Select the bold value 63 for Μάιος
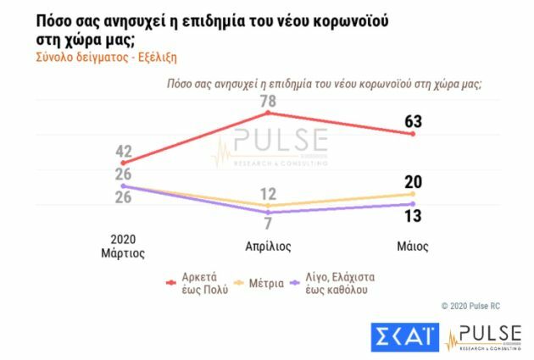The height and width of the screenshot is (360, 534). tap(413, 122)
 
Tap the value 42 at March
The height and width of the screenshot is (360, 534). tap(124, 152)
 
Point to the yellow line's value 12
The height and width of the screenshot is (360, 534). tap(268, 193)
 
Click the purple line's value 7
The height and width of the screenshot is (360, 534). tap(268, 224)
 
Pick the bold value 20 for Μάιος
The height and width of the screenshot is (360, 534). tap(413, 181)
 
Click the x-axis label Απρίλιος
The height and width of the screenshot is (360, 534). tap(268, 246)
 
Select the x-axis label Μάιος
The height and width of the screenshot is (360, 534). tap(413, 246)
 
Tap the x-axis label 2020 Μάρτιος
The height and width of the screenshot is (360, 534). tap(124, 246)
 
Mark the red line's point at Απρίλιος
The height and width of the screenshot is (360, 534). tap(268, 113)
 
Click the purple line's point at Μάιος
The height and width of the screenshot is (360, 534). tap(413, 203)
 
